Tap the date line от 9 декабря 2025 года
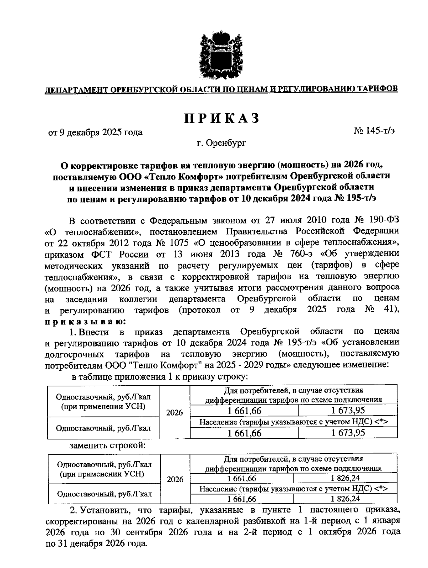95,132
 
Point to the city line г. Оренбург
221,143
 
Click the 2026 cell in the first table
174,412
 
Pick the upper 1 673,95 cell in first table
348,411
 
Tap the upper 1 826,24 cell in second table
345,478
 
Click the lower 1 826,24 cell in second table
345,499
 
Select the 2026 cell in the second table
175,479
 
